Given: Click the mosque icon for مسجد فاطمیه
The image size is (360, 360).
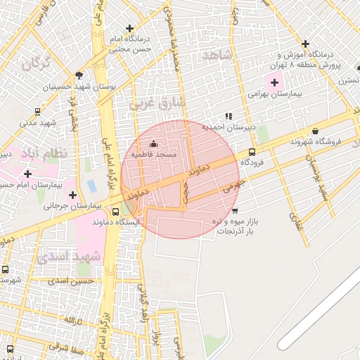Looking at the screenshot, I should coord(154,144).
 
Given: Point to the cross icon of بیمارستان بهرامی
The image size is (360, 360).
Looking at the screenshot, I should coord(274,83).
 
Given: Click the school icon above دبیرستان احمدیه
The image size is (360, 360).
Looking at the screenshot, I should coord(229,116).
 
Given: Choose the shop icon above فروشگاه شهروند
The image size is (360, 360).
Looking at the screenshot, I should coord(315,131).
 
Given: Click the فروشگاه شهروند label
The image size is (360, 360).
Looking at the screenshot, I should coord(316,141).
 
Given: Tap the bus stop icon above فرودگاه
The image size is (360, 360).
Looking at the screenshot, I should coord(252,151).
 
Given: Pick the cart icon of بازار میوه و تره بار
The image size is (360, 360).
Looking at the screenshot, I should coord(234,210).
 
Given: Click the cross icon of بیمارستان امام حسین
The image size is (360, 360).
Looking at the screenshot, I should coord(27,174).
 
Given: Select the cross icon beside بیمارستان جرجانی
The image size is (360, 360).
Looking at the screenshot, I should coord(72,195).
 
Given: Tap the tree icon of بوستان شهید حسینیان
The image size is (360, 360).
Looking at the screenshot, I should coord(79,75).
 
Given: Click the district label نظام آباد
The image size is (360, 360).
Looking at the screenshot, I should coord(44,153).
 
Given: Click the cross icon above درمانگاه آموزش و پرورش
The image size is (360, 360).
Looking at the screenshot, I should coord(304,43).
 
